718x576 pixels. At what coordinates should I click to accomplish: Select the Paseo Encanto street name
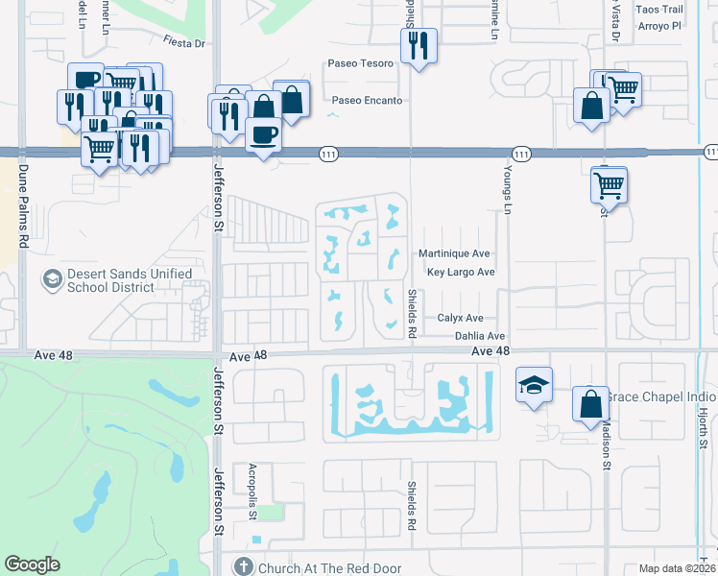(367, 100)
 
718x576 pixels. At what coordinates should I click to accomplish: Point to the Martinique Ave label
(454, 254)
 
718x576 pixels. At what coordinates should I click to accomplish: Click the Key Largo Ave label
(461, 273)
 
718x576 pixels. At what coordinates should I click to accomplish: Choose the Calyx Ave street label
(460, 318)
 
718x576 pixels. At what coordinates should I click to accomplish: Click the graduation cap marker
(534, 385)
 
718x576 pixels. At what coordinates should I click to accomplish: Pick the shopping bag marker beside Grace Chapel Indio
(591, 402)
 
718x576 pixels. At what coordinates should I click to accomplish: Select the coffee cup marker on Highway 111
(263, 133)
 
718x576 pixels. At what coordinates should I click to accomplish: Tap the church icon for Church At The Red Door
(244, 567)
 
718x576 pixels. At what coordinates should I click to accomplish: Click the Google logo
(33, 564)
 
